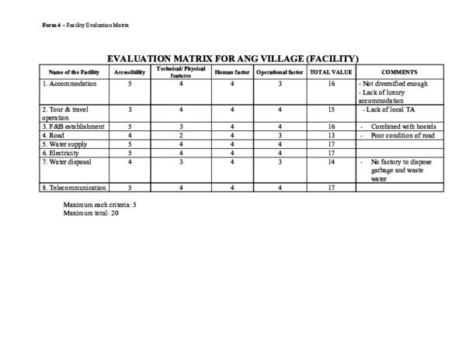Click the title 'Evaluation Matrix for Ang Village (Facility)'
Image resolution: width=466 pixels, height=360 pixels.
[x=233, y=58]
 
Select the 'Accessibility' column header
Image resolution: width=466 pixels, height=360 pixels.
[x=130, y=71]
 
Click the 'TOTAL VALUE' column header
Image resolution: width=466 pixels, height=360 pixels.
[x=331, y=71]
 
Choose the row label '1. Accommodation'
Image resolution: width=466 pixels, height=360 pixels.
[x=69, y=83]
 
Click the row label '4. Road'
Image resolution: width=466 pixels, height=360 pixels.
[x=54, y=135]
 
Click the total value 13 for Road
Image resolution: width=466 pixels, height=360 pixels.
[x=331, y=135]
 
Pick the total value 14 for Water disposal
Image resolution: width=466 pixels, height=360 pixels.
[x=331, y=161]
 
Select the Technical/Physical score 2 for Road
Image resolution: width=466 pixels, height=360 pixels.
[x=180, y=135]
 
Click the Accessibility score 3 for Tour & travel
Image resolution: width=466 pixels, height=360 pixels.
[x=130, y=109]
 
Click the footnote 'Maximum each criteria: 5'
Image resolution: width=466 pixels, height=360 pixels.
[x=99, y=205]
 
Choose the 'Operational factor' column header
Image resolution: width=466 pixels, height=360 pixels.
[x=277, y=71]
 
